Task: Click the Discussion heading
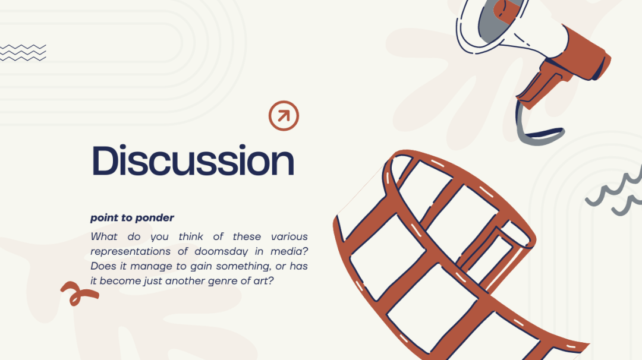coord(193,160)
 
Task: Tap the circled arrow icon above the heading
coord(284,116)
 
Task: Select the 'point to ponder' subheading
coord(132,217)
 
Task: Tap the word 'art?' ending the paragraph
coord(263,280)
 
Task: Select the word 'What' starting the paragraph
coord(104,236)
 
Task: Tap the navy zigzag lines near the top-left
coord(23,52)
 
